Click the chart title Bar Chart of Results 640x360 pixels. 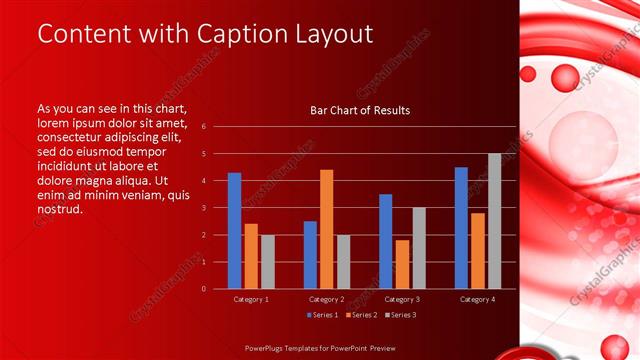[360, 110]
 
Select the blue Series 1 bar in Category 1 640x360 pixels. [234, 230]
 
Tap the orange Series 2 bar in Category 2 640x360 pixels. [326, 229]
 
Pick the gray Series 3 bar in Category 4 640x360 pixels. [494, 221]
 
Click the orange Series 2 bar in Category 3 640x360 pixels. [402, 264]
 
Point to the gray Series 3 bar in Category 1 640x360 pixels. [267, 261]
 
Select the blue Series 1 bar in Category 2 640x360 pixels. [310, 254]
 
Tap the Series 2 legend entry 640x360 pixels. [360, 315]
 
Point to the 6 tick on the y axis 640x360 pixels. [203, 127]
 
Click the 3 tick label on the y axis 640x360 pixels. [203, 208]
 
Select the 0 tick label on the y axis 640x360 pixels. [203, 289]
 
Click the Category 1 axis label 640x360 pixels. [250, 299]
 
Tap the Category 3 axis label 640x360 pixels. [401, 299]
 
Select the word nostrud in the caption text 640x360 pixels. [60, 209]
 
